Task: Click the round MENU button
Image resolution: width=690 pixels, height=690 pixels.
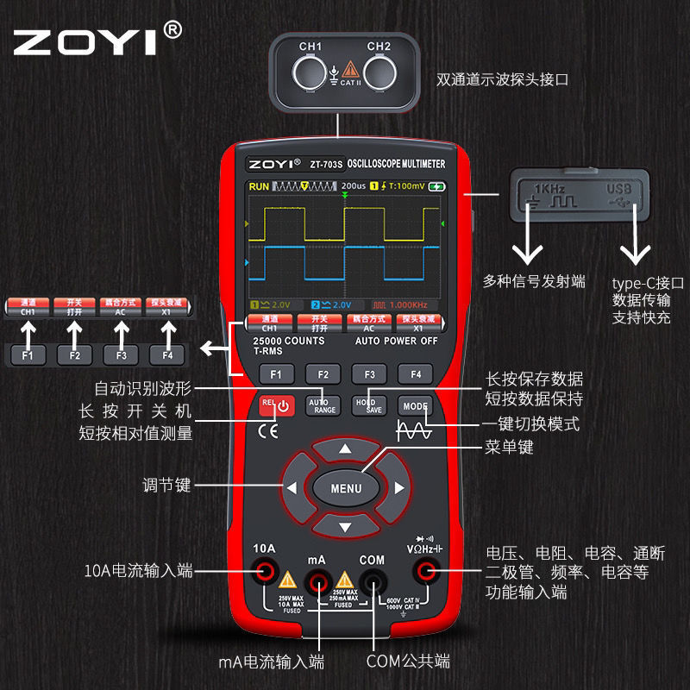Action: [345, 488]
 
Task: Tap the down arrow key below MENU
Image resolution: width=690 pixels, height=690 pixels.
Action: [345, 525]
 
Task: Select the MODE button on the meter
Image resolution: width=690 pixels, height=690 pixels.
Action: [414, 405]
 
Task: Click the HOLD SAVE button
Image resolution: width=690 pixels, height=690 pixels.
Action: [368, 405]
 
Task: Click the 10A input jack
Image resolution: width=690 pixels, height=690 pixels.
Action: [264, 569]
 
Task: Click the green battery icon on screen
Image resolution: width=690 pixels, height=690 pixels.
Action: [438, 186]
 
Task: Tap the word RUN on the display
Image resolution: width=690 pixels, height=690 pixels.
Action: [259, 186]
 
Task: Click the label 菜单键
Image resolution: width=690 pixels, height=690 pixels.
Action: [510, 447]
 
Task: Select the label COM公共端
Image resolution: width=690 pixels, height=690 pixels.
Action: [408, 662]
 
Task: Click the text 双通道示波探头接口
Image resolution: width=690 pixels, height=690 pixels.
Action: [503, 80]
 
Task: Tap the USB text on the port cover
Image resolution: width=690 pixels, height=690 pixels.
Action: [618, 188]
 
